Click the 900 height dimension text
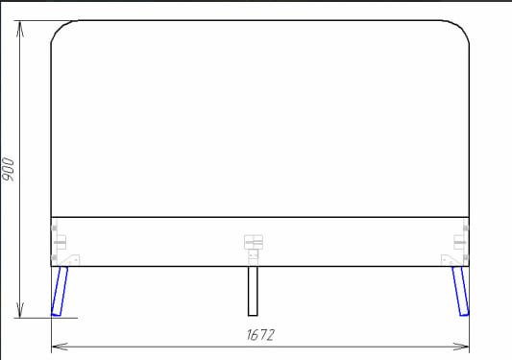pos(8,169)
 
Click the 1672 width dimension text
pos(260,335)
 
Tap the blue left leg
pos(60,291)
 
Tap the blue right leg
pos(460,291)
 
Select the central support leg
pos(253,291)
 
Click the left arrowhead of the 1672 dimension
pos(60,347)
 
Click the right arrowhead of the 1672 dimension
pos(461,347)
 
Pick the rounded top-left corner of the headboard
pos(59,28)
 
